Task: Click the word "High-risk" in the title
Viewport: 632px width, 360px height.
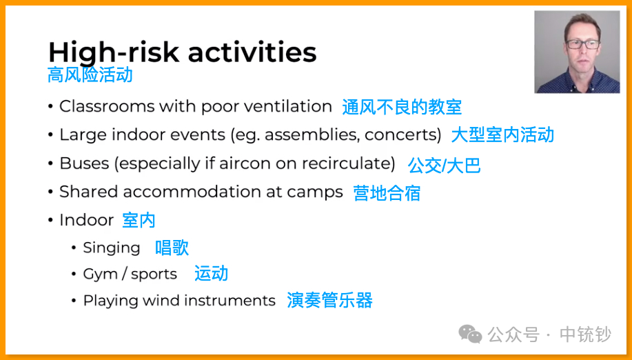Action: pyautogui.click(x=114, y=53)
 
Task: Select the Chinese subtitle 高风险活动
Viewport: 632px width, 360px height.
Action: pyautogui.click(x=90, y=75)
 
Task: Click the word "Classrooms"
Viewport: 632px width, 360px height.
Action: pyautogui.click(x=107, y=106)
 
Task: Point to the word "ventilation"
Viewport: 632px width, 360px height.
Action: pyautogui.click(x=288, y=106)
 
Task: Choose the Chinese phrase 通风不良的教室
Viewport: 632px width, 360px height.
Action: pyautogui.click(x=402, y=107)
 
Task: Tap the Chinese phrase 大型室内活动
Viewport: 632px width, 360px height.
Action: pyautogui.click(x=502, y=134)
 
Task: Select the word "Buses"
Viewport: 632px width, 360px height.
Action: pyautogui.click(x=84, y=163)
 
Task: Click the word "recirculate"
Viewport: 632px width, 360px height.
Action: pyautogui.click(x=346, y=163)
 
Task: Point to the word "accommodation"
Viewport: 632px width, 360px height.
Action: pyautogui.click(x=192, y=192)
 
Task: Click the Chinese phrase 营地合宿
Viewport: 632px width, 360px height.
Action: pyautogui.click(x=387, y=193)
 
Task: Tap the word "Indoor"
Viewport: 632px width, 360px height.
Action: pyautogui.click(x=87, y=220)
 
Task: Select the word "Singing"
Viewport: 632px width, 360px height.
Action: pyautogui.click(x=112, y=248)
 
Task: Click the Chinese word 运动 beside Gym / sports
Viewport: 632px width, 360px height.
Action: pyautogui.click(x=211, y=273)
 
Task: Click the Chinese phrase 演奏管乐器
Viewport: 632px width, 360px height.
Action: pyautogui.click(x=329, y=301)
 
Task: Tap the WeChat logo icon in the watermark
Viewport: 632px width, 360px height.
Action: pyautogui.click(x=470, y=334)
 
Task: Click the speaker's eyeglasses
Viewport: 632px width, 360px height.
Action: pyautogui.click(x=583, y=44)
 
